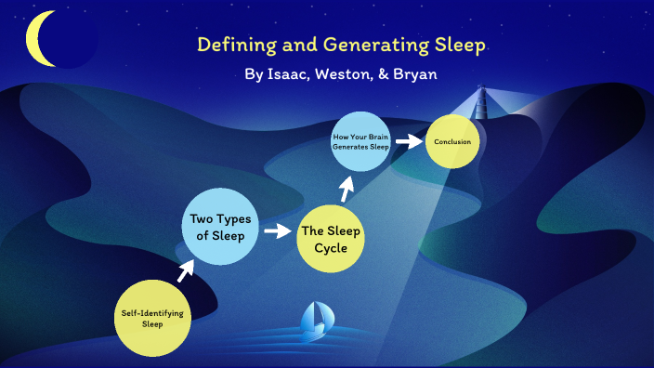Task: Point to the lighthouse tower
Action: pyautogui.click(x=482, y=102)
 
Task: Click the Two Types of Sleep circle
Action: pyautogui.click(x=217, y=227)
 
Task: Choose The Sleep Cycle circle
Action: pyautogui.click(x=330, y=239)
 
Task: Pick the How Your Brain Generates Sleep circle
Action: pyautogui.click(x=359, y=141)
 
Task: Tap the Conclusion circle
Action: pyautogui.click(x=453, y=141)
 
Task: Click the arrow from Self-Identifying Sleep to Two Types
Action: pyautogui.click(x=186, y=269)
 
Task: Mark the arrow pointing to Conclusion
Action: pyautogui.click(x=407, y=141)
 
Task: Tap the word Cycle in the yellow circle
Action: pyautogui.click(x=330, y=248)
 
